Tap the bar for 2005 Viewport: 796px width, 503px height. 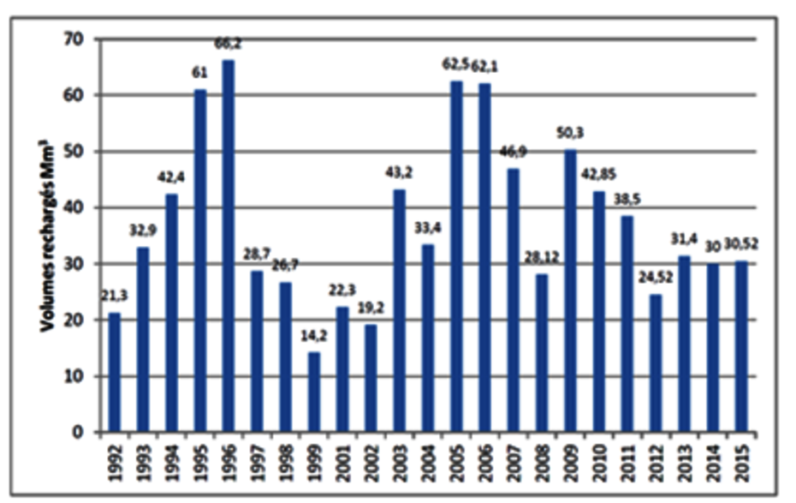pyautogui.click(x=457, y=256)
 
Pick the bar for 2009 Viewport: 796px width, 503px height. pyautogui.click(x=570, y=290)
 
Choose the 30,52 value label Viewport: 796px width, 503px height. pyautogui.click(x=740, y=244)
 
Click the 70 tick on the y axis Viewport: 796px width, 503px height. pyautogui.click(x=78, y=39)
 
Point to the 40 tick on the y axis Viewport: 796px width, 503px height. pyautogui.click(x=78, y=208)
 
